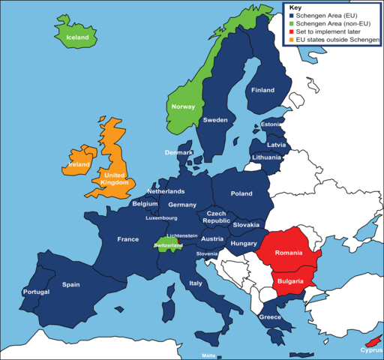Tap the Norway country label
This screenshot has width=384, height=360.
(183, 106)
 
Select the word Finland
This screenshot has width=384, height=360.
(262, 90)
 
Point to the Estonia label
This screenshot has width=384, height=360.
(271, 124)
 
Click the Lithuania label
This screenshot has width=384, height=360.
(267, 157)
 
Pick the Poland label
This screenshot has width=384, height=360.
(241, 193)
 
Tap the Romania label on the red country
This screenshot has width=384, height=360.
(289, 254)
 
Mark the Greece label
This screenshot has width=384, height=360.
(270, 316)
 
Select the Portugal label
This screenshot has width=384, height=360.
(36, 291)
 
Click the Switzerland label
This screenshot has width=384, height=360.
(168, 245)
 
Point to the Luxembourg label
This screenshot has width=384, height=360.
(161, 218)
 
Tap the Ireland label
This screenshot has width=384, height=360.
(79, 164)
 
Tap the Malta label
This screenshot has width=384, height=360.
(210, 355)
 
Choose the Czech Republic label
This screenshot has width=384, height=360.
(217, 217)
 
